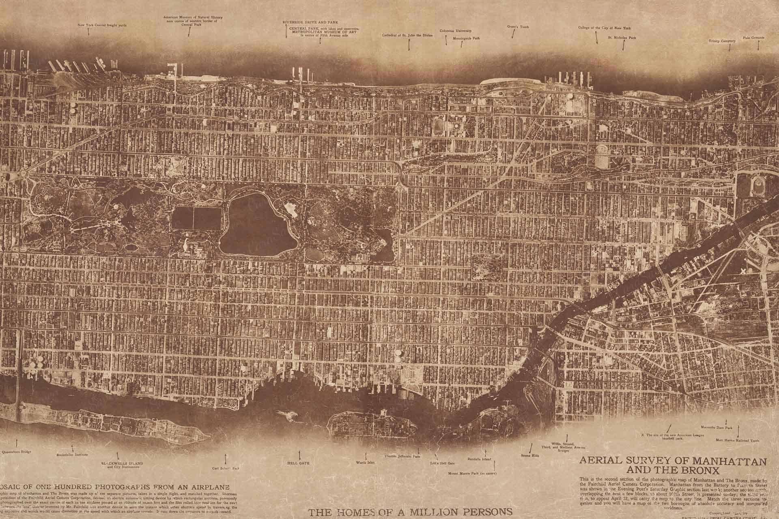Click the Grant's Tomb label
[514, 27]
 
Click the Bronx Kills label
[528, 456]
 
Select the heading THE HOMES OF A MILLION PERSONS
[408, 511]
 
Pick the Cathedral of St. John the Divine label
[407, 35]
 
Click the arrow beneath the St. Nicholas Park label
[623, 45]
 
